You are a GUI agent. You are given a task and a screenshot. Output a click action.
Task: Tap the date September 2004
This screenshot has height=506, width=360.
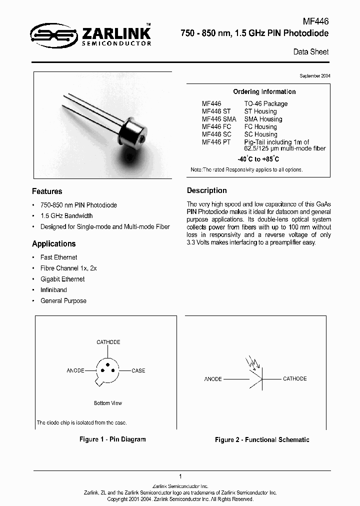[314, 75]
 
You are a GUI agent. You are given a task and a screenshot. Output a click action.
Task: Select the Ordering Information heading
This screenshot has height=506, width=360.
[264, 91]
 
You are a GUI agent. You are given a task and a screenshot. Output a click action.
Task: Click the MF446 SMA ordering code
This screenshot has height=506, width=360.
[218, 119]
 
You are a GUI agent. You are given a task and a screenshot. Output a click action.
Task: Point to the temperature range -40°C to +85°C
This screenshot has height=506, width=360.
[258, 159]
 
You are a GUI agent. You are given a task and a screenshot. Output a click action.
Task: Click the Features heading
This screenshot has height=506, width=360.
[47, 191]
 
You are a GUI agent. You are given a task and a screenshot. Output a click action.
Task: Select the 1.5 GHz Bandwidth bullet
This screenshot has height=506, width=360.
[66, 216]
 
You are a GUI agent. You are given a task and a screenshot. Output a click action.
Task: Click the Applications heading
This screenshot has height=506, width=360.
[54, 244]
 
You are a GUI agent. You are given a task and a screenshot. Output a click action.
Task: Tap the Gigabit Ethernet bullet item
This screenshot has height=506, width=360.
[62, 279]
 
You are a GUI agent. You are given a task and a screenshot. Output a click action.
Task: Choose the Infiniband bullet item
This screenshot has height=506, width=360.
[53, 290]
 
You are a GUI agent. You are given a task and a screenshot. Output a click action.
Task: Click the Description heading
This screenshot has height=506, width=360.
[207, 190]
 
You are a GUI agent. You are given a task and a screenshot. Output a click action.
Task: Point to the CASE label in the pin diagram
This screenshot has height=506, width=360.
[138, 370]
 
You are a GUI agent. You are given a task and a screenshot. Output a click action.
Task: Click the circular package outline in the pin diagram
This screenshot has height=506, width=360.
[107, 371]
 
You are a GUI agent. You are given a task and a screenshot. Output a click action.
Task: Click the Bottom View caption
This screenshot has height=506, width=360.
[108, 403]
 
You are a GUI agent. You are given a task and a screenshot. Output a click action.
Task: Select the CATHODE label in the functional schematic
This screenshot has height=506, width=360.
[294, 378]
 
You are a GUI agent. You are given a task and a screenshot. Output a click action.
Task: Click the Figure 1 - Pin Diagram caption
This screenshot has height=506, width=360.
[112, 439]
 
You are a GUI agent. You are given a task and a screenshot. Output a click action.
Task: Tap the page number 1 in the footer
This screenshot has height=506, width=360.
[179, 476]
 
